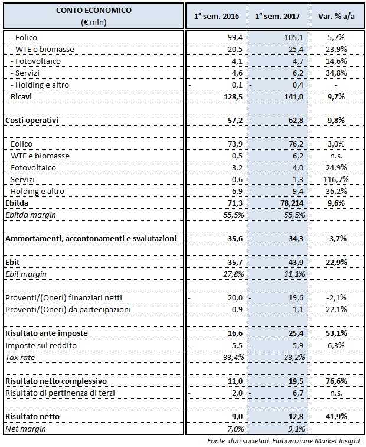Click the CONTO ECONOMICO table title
point(94,11)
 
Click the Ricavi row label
point(22,96)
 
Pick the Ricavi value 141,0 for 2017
point(293,96)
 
